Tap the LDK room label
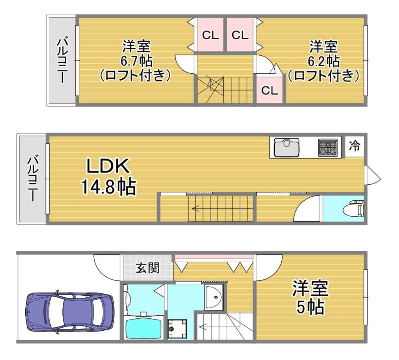[x=108, y=166]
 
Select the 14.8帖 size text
[x=108, y=187]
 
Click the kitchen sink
[x=286, y=148]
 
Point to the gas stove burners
[x=328, y=148]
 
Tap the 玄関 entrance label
[x=147, y=268]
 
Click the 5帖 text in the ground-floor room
[x=310, y=307]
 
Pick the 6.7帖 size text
[x=136, y=61]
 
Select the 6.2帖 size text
[x=324, y=61]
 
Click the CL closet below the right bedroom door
[x=270, y=90]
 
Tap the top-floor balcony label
[x=62, y=60]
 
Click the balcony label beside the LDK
[x=33, y=179]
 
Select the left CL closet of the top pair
[x=210, y=35]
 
